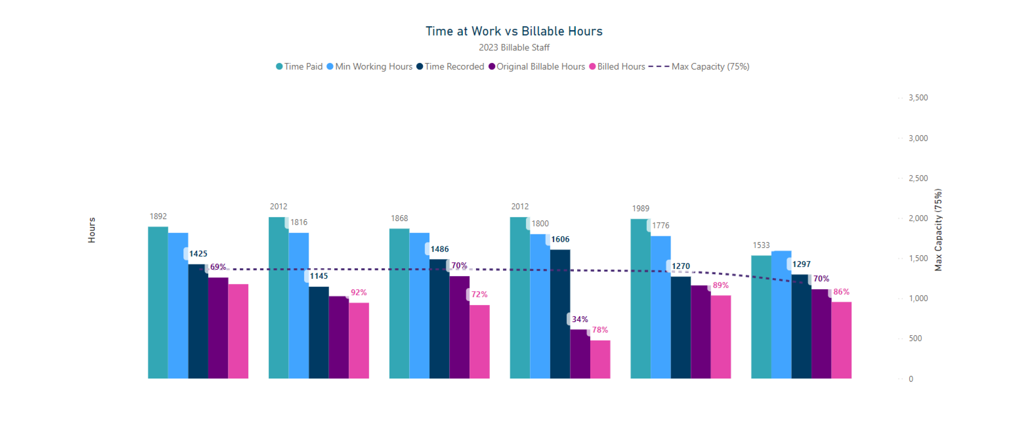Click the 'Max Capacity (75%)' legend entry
[x=699, y=66]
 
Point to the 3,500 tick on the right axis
[x=918, y=98]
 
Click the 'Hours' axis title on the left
[x=92, y=230]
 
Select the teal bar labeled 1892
[x=158, y=302]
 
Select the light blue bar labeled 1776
[x=660, y=307]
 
